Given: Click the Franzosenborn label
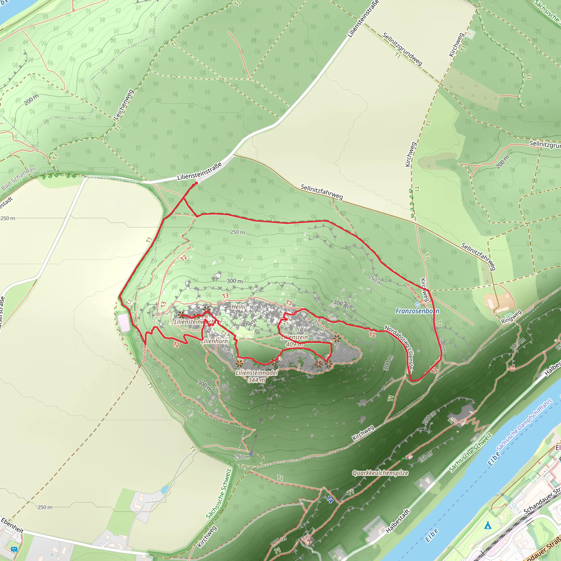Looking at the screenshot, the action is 417,311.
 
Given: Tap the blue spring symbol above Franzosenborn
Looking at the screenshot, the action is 417,305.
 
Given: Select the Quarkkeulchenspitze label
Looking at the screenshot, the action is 380,473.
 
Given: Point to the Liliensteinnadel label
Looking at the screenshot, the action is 257,373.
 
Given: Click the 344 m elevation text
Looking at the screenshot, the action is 257,380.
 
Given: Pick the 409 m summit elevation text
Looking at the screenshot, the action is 294,344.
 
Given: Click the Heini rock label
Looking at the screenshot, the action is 238,307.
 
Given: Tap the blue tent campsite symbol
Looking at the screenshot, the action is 488,526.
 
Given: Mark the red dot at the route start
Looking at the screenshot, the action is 196,183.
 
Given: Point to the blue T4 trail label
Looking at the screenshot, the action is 330,499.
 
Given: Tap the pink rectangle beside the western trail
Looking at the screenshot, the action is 124,323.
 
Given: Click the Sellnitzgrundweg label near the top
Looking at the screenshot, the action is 402,49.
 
